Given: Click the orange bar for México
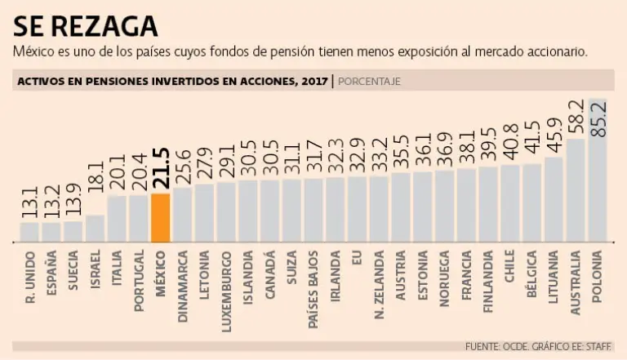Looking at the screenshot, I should [x=160, y=218].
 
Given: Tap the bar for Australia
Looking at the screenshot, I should [x=576, y=191].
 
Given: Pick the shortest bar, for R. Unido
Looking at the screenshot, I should [x=29, y=233].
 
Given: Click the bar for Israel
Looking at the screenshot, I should [x=95, y=229].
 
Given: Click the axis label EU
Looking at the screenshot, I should [x=357, y=258].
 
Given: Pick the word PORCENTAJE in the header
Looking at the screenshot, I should [x=369, y=81].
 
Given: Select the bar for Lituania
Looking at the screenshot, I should [x=554, y=200].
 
